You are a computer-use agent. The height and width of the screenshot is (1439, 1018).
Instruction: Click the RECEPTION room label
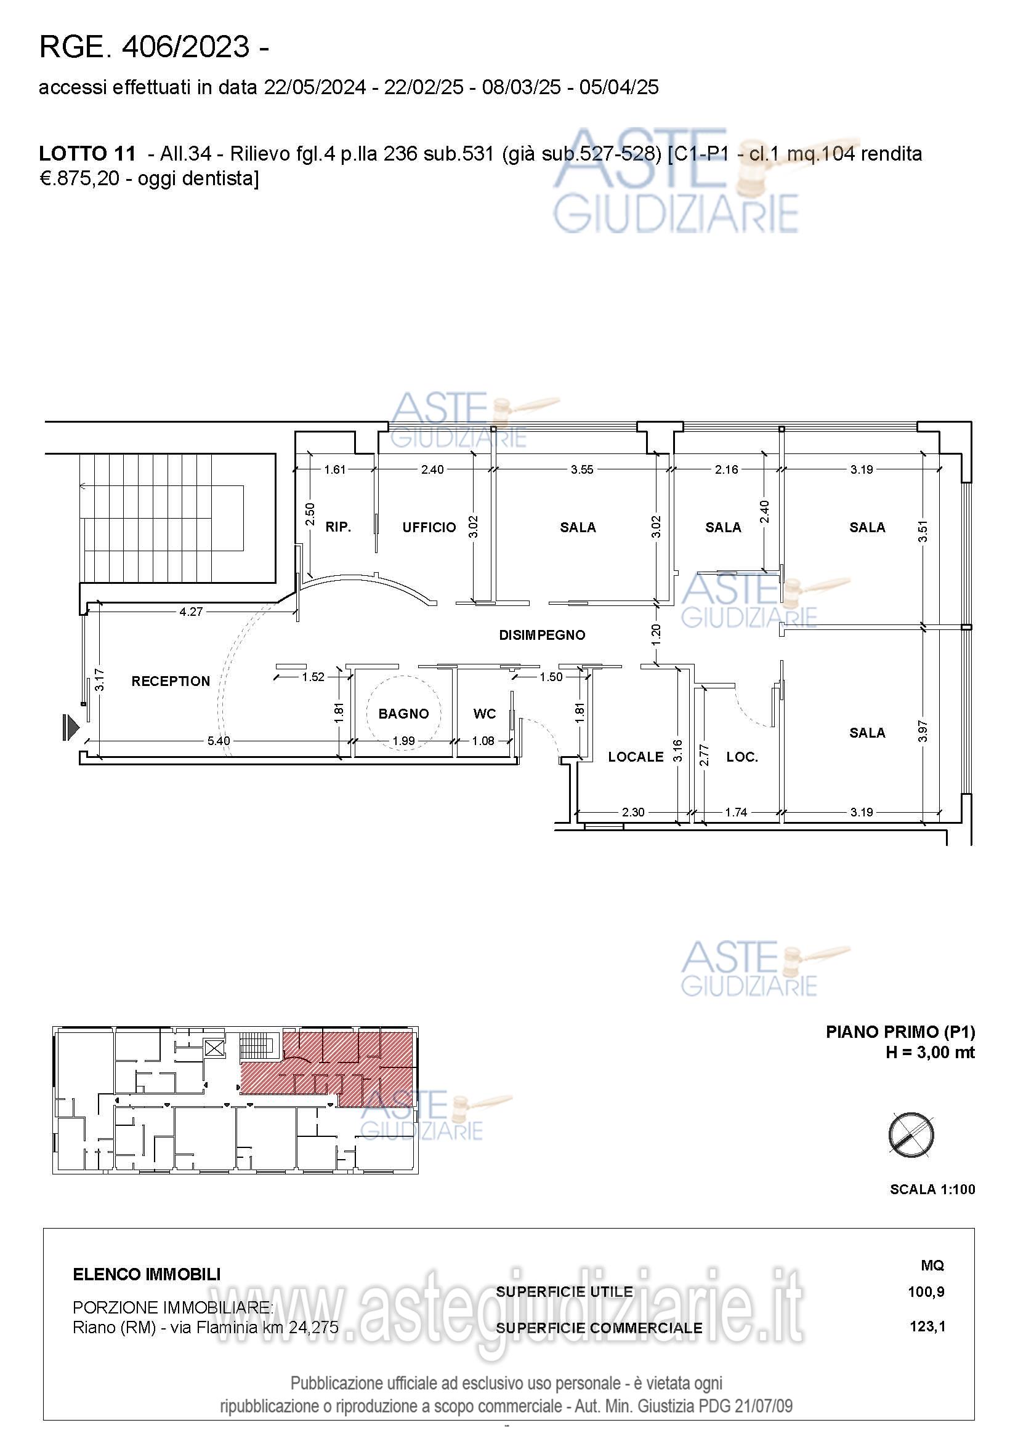tap(171, 681)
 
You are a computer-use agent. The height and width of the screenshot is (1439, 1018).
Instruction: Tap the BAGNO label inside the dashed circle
tap(403, 714)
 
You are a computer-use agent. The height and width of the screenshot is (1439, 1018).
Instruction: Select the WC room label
tap(484, 714)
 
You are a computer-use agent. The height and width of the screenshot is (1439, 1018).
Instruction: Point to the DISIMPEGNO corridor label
tap(542, 635)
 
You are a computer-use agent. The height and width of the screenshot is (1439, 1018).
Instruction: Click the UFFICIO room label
tap(429, 528)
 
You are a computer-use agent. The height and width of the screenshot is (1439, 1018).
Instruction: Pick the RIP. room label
tap(338, 527)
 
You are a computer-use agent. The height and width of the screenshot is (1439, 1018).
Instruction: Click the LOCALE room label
tap(636, 757)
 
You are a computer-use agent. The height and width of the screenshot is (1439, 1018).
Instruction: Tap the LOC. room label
tap(742, 757)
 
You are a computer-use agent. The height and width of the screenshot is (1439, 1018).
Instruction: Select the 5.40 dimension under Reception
tap(218, 741)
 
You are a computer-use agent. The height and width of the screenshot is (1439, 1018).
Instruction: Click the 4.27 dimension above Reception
tap(191, 612)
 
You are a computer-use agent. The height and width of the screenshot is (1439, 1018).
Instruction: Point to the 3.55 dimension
tap(581, 469)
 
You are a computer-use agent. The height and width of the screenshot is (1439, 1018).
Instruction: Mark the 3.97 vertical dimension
tap(922, 731)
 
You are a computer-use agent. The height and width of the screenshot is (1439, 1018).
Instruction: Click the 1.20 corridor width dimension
tap(656, 634)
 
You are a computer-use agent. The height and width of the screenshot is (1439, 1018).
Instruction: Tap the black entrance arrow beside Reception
tap(71, 727)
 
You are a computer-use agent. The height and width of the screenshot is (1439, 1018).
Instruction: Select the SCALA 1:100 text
tap(932, 1190)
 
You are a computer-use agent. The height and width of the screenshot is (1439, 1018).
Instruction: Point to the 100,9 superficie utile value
tap(926, 1291)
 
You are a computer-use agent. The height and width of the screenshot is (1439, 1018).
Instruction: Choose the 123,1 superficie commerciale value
tap(927, 1326)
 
